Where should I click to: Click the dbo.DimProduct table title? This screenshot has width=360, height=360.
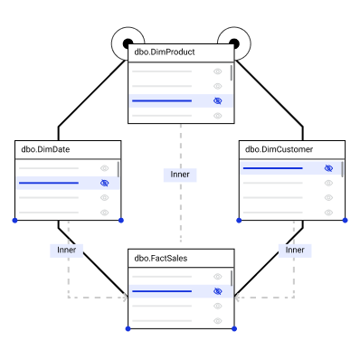tap(165, 52)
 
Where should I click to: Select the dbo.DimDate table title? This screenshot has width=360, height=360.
tap(45, 149)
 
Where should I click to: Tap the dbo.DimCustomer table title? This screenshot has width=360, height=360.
tap(279, 149)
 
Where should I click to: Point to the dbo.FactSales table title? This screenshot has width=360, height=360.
tap(161, 259)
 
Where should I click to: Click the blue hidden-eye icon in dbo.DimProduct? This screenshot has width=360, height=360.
tap(217, 100)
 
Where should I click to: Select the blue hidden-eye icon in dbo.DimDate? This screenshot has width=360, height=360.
tap(104, 183)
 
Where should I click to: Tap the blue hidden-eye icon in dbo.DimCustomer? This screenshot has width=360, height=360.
tap(328, 168)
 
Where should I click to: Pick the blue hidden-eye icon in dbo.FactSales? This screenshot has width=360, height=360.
tap(217, 291)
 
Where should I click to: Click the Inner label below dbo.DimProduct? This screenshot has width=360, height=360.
tap(180, 175)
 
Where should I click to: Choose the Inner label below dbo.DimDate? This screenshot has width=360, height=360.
tap(66, 251)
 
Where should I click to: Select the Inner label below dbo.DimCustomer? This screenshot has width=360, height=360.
tap(295, 251)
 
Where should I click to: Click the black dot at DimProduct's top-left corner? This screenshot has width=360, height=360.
tap(128, 43)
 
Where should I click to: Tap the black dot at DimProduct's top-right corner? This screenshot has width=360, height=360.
tap(234, 43)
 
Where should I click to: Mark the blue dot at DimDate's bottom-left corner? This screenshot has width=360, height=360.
tap(14, 221)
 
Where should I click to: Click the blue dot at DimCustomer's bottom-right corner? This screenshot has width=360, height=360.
tap(346, 221)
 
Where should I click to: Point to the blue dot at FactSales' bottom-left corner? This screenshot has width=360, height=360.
tap(128, 328)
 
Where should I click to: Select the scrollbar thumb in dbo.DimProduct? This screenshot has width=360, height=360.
tap(232, 73)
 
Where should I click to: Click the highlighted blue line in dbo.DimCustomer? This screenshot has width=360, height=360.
tap(272, 168)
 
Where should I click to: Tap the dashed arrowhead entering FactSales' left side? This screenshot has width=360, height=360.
tap(125, 298)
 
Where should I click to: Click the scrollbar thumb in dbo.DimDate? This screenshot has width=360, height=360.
tap(118, 169)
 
